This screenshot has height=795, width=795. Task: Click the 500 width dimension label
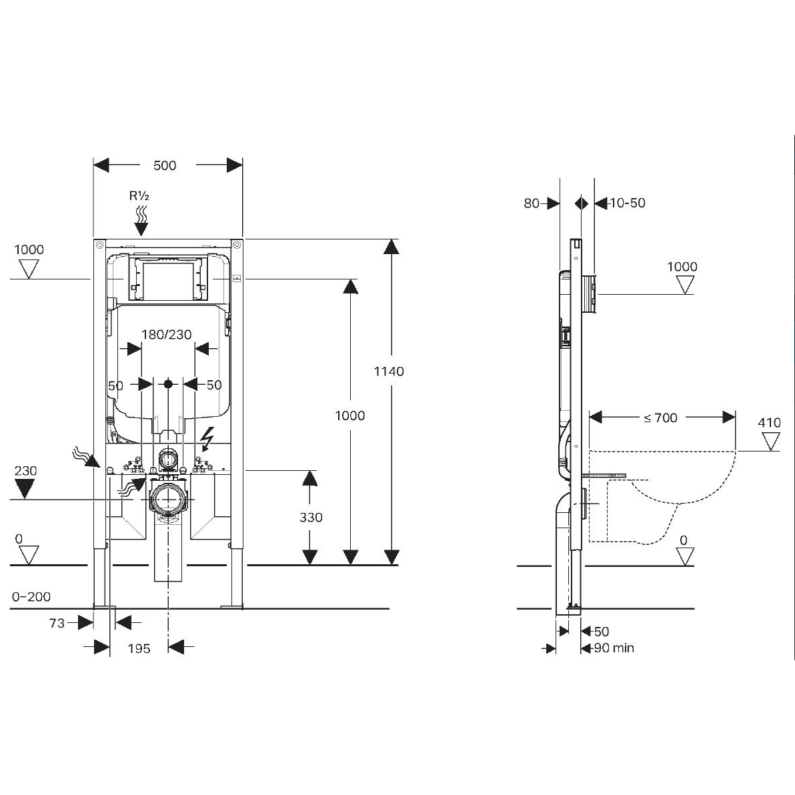(x=165, y=165)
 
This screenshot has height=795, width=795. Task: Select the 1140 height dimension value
(x=389, y=371)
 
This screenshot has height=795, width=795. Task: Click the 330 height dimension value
(x=311, y=517)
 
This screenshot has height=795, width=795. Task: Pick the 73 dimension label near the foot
(x=57, y=623)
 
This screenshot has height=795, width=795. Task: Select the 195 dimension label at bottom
(x=139, y=648)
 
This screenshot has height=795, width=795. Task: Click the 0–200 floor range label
(x=31, y=597)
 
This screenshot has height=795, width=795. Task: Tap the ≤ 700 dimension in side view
(x=660, y=418)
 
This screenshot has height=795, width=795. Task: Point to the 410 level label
(x=769, y=422)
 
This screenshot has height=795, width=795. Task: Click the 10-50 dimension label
(x=628, y=203)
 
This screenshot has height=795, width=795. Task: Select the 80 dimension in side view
(x=532, y=203)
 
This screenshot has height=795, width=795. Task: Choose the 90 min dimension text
(x=614, y=648)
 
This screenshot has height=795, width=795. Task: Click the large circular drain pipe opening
(x=167, y=499)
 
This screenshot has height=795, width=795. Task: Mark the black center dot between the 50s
(x=168, y=384)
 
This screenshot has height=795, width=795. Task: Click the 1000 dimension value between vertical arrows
(x=349, y=416)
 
